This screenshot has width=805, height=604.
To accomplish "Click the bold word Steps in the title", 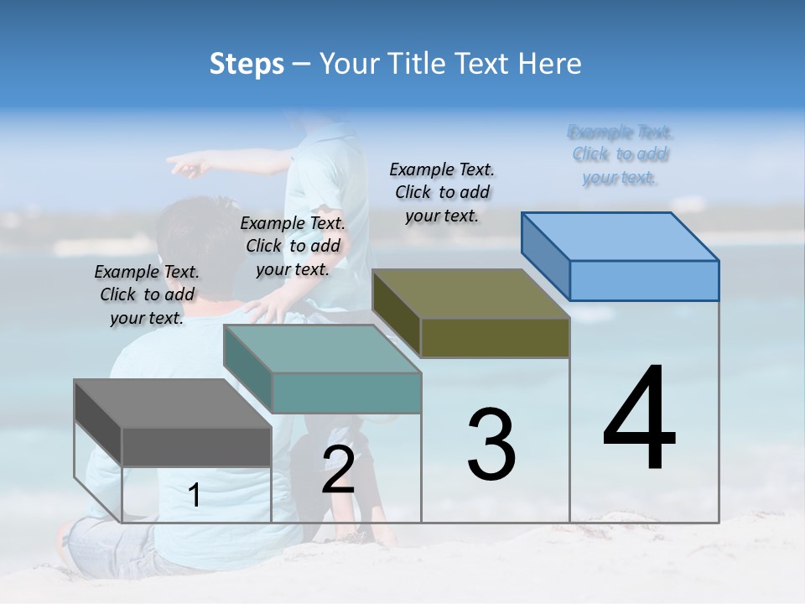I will pyautogui.click(x=247, y=64).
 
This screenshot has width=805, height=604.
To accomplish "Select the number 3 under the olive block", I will pyautogui.click(x=491, y=445).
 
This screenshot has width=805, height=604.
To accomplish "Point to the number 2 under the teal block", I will pyautogui.click(x=338, y=470).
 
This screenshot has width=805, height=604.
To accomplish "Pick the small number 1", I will pyautogui.click(x=195, y=496).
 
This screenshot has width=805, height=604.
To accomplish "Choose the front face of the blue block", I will pyautogui.click(x=644, y=280).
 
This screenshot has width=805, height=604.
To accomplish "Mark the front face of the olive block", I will pyautogui.click(x=495, y=338).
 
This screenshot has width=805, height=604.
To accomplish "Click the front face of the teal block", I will pyautogui.click(x=346, y=393).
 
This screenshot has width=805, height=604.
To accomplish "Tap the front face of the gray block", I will pyautogui.click(x=196, y=446).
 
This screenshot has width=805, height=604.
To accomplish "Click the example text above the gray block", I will pyautogui.click(x=147, y=294).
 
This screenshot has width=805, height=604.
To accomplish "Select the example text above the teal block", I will pyautogui.click(x=293, y=246).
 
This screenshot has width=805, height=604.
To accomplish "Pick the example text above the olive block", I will pyautogui.click(x=442, y=192).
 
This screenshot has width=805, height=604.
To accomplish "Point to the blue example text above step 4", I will pyautogui.click(x=621, y=154).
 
